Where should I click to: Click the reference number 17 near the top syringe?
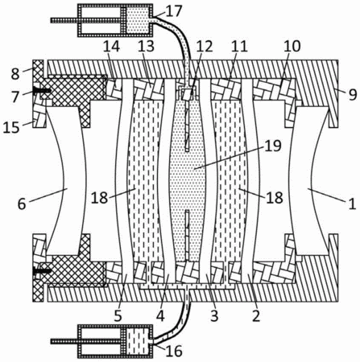[x=174, y=12]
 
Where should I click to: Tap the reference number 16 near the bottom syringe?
[x=174, y=351]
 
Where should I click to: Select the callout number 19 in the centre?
[x=273, y=146]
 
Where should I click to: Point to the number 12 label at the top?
[x=205, y=47]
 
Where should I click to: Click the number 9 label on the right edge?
[x=353, y=94]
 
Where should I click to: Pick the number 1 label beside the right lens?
[x=352, y=204]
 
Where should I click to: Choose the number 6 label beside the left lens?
[x=22, y=204]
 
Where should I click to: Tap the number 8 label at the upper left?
[x=15, y=74]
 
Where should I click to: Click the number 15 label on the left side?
[x=12, y=128]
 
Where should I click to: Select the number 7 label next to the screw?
[x=15, y=97]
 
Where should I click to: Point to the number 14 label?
[x=112, y=47]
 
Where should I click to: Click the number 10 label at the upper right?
[x=292, y=47]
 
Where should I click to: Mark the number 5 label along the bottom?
[x=118, y=316]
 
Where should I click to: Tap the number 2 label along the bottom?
[x=256, y=316]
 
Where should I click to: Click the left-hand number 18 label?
[x=99, y=198]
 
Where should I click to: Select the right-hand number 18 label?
[x=275, y=198]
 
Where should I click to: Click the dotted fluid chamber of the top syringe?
[x=137, y=20]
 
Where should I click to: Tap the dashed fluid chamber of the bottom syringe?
[x=137, y=341]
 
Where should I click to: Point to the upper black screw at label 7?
[x=42, y=91]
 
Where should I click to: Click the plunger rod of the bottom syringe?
[x=86, y=341]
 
